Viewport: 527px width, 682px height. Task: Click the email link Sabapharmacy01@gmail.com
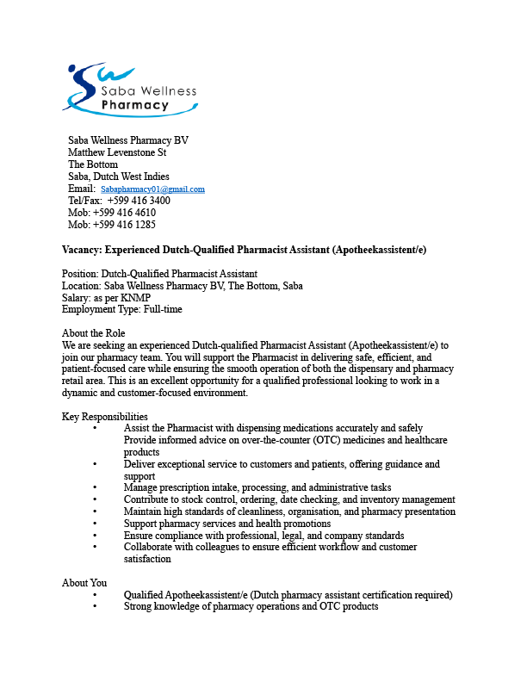[152, 189]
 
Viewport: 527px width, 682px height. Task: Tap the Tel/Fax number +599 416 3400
[139, 201]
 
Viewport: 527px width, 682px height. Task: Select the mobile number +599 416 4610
[124, 213]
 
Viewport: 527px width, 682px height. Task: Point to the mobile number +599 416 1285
[124, 225]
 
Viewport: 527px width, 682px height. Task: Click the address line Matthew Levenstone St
[117, 152]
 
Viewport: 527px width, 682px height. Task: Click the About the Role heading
[94, 333]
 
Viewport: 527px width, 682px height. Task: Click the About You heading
[84, 583]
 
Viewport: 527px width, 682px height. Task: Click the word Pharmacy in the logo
[135, 106]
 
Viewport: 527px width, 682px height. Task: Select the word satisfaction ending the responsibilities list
[147, 559]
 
